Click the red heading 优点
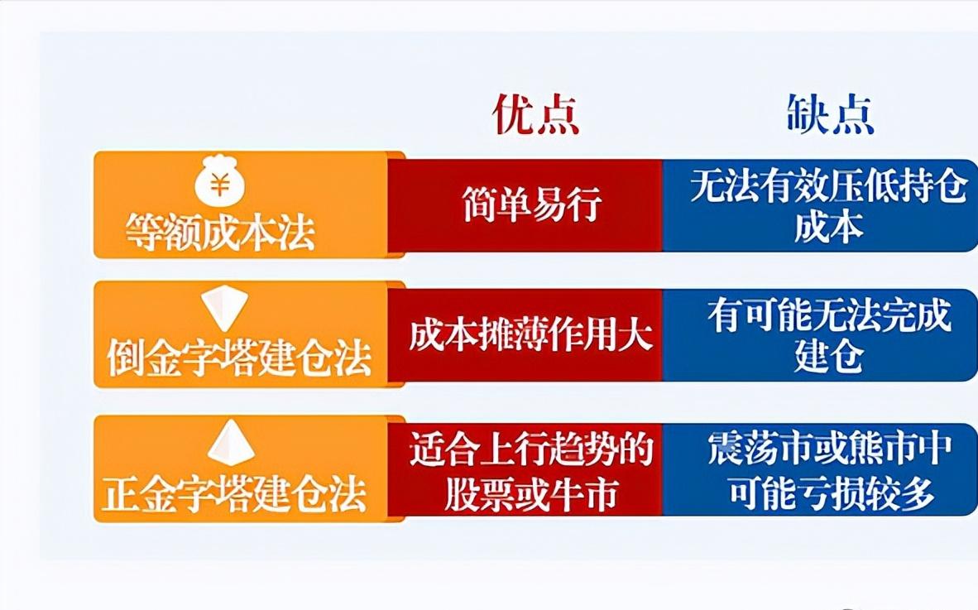(535, 113)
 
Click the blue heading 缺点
(830, 113)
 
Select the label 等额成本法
(221, 233)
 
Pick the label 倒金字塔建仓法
(239, 359)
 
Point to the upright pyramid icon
(231, 443)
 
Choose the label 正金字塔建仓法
(234, 493)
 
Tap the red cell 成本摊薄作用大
(530, 335)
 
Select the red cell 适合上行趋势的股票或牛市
(530, 471)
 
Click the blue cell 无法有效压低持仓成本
(828, 205)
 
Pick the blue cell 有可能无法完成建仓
(828, 335)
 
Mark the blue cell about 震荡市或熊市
(828, 471)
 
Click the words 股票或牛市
(530, 494)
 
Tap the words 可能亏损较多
(831, 494)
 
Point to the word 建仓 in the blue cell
(828, 358)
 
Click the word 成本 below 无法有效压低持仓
(828, 228)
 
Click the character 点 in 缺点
(853, 113)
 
